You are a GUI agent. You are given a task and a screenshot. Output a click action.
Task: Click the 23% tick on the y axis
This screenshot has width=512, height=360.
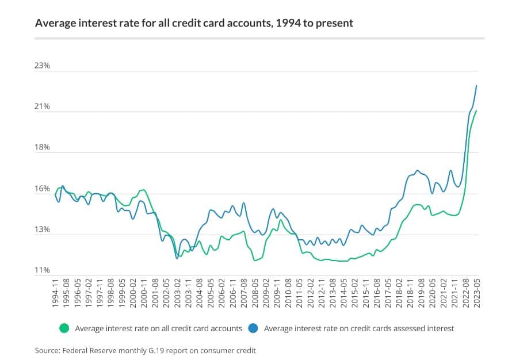(x=43, y=66)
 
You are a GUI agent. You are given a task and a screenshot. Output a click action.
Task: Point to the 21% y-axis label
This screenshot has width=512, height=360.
(x=43, y=107)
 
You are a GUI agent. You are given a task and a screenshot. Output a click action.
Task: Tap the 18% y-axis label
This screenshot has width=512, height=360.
(x=43, y=148)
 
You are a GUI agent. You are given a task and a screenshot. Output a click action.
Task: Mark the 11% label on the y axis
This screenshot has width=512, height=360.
(x=43, y=270)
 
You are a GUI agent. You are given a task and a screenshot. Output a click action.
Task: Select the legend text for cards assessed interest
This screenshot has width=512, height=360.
(x=359, y=329)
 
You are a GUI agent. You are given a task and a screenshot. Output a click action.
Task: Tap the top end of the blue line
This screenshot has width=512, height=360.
(x=476, y=86)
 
